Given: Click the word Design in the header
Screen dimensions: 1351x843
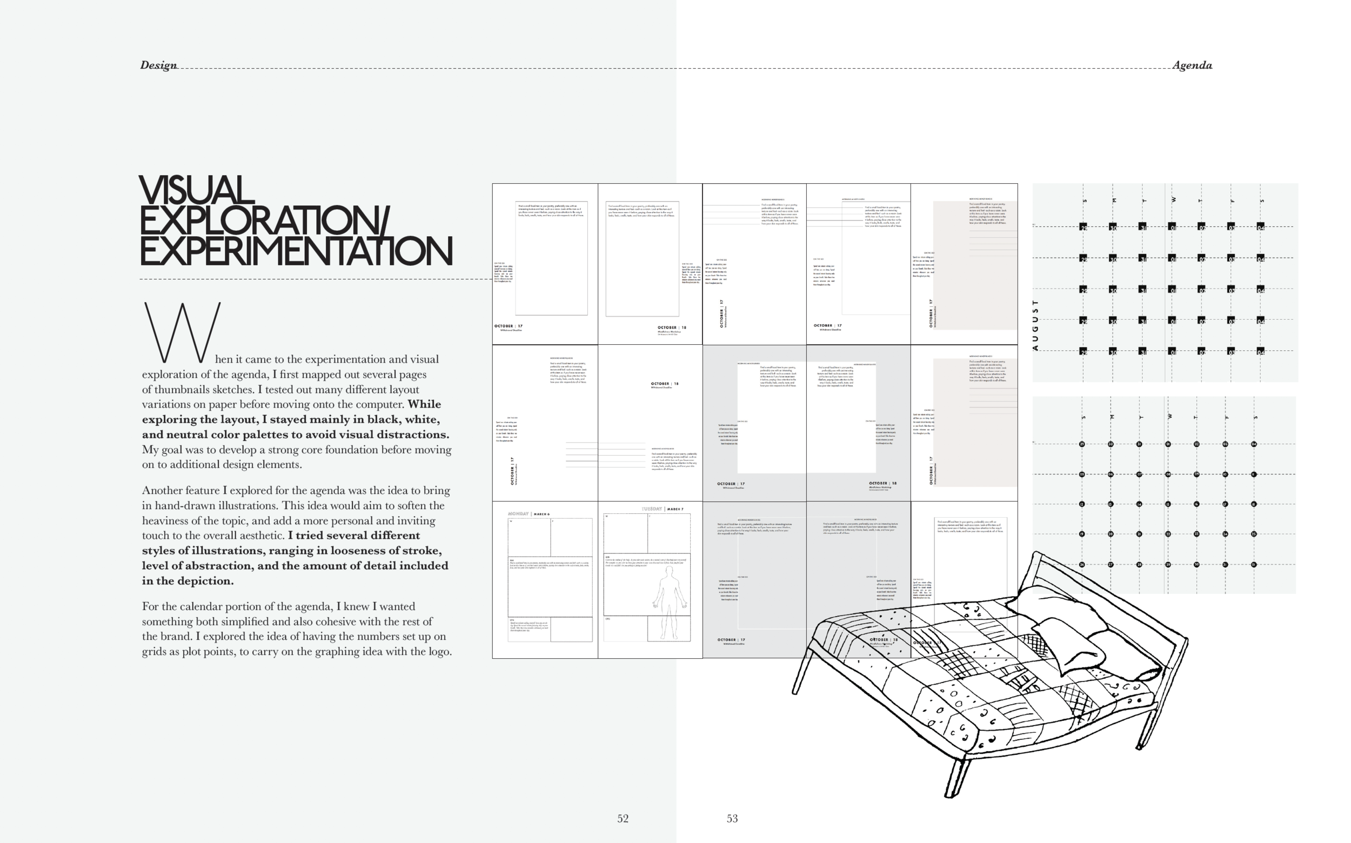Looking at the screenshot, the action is click(x=158, y=65).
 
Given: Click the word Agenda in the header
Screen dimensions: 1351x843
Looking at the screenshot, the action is click(x=1192, y=65).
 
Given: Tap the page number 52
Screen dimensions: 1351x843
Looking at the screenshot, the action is click(x=623, y=819).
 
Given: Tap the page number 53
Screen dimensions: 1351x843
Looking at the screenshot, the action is click(x=732, y=819).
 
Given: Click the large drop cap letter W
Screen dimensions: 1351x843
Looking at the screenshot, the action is click(x=182, y=333).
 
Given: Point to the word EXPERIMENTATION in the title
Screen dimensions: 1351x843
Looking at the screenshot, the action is click(x=296, y=251).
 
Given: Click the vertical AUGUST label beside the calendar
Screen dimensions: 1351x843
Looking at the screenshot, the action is click(x=1035, y=325).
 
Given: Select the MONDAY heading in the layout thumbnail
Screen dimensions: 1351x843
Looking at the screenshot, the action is click(x=518, y=513).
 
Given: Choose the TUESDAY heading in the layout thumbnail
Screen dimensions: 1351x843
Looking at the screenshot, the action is click(x=652, y=509).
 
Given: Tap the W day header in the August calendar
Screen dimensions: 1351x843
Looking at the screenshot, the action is click(x=1173, y=199).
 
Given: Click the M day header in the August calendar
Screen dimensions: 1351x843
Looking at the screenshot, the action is click(x=1113, y=200).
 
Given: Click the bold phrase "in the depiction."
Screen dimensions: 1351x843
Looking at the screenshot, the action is click(x=188, y=581).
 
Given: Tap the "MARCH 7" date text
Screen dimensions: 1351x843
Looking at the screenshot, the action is click(x=674, y=509).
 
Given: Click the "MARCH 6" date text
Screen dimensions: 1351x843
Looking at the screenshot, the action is click(x=541, y=514).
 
